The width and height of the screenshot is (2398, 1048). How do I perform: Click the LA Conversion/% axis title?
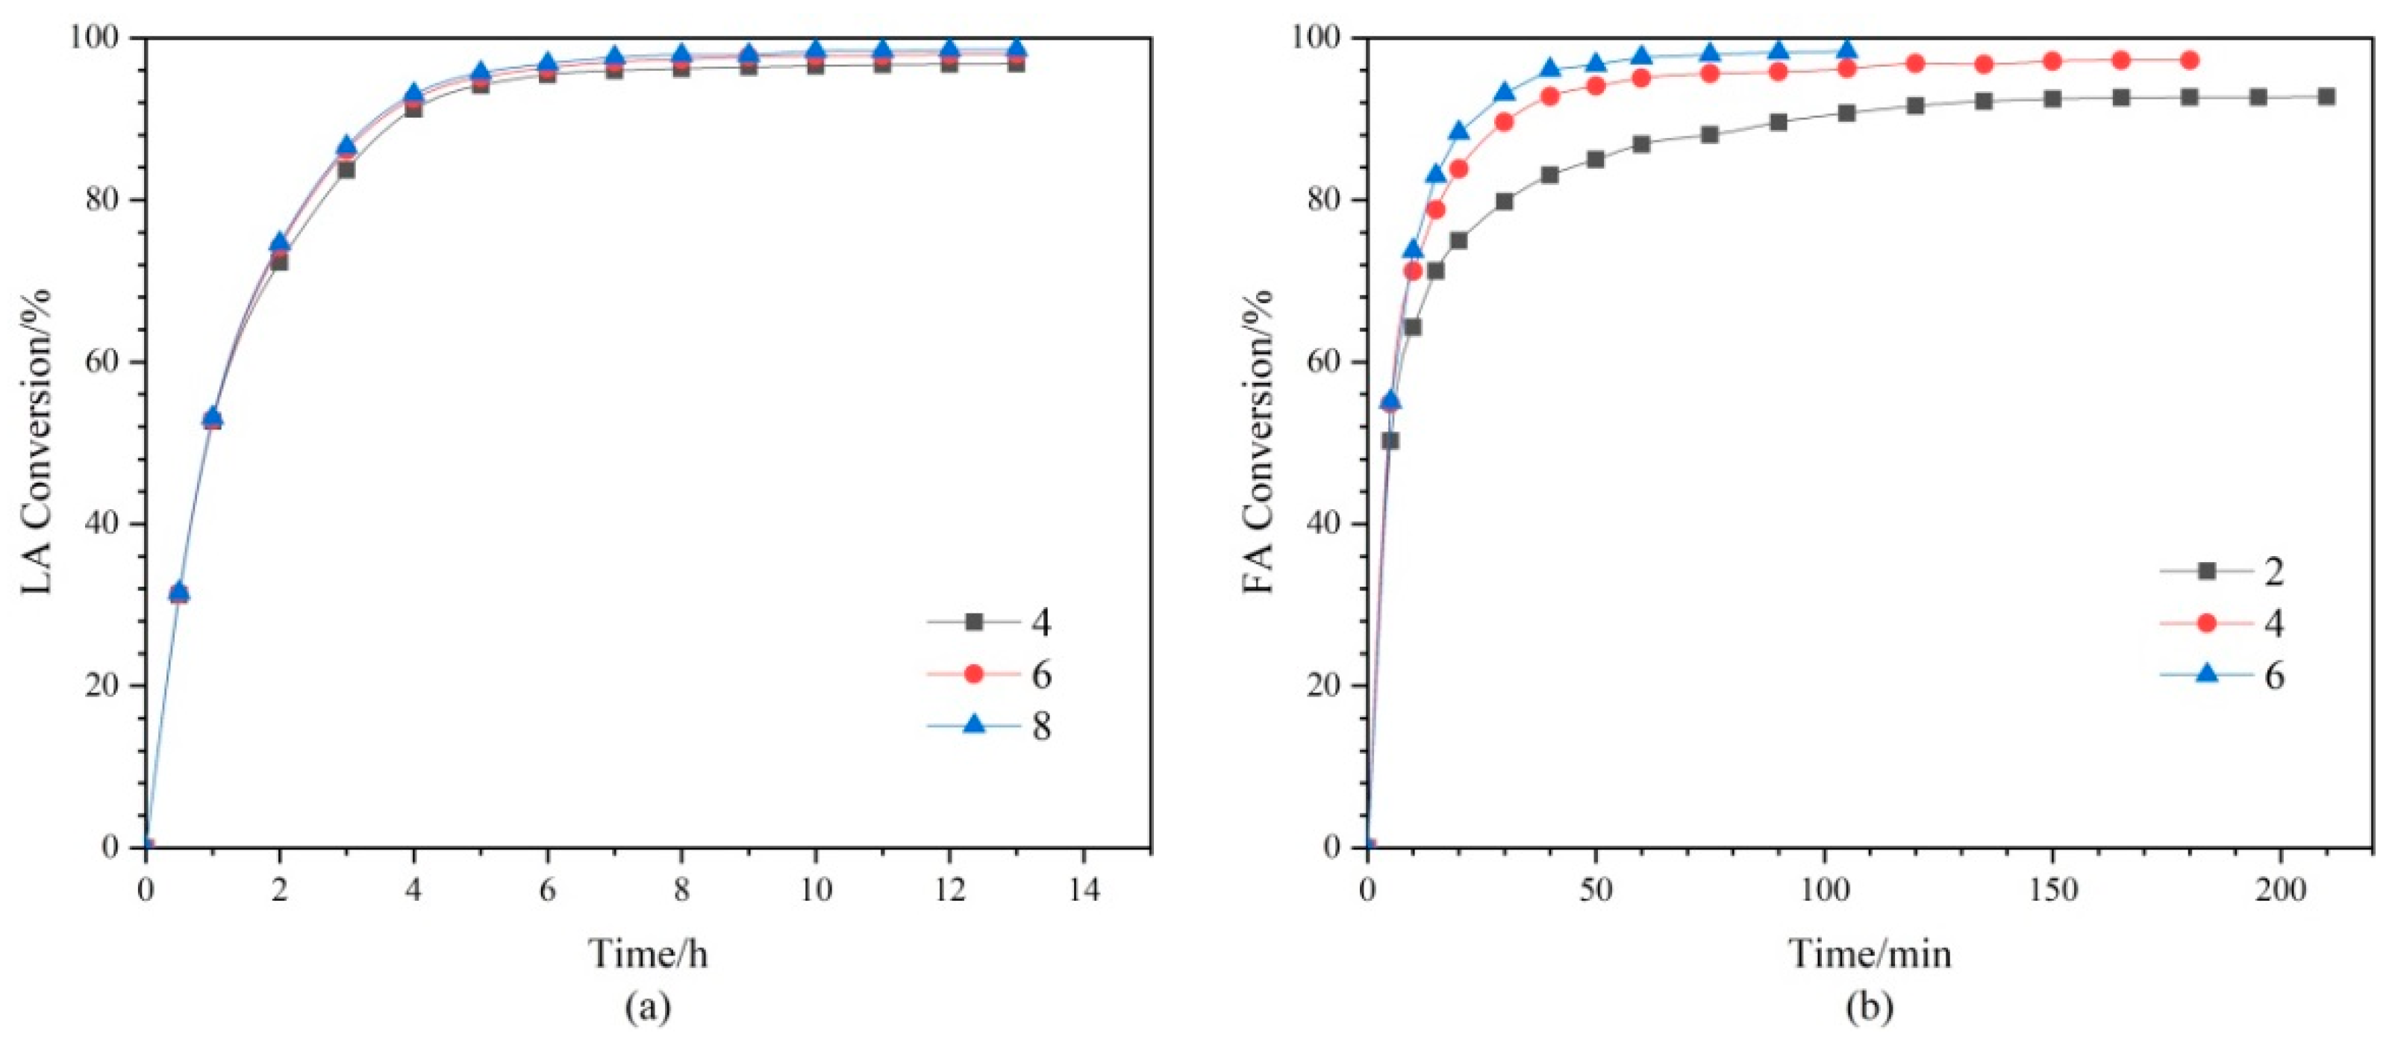pos(37,442)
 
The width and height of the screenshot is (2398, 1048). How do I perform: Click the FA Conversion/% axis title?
pos(1258,442)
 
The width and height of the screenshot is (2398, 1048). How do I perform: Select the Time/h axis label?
pos(648,953)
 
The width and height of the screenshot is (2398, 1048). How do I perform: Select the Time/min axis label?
pos(1870,953)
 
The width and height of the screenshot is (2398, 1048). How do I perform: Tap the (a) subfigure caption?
pos(648,1007)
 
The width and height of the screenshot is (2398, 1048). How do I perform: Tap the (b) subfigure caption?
pos(1870,1007)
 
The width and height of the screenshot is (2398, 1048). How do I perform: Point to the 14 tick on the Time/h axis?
pos(1084,891)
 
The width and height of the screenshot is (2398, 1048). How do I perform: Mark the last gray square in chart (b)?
pos(2326,97)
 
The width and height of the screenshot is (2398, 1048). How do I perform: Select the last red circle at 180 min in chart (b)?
pos(2190,60)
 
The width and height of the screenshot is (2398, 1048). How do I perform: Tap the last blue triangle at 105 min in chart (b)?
pos(1847,50)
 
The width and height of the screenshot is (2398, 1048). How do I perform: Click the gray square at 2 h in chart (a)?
pos(279,263)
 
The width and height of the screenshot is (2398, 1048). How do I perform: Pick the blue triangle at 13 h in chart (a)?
pos(1017,49)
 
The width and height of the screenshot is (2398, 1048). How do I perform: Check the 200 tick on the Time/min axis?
pos(2281,891)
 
